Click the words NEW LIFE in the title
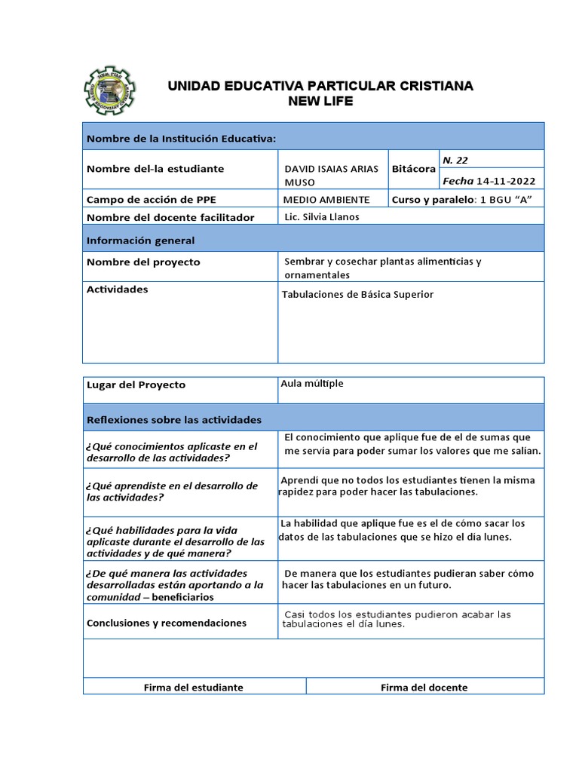320,102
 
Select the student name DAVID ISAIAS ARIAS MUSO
331,176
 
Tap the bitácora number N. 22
455,160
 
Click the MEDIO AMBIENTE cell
326,200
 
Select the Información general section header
141,240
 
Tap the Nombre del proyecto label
144,262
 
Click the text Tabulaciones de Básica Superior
358,295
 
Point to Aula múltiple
311,384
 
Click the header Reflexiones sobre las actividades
174,419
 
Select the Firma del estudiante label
194,688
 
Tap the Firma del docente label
424,688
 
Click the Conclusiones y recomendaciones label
167,623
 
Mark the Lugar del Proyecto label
136,384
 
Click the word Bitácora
414,170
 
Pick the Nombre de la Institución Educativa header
182,139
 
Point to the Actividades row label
118,289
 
